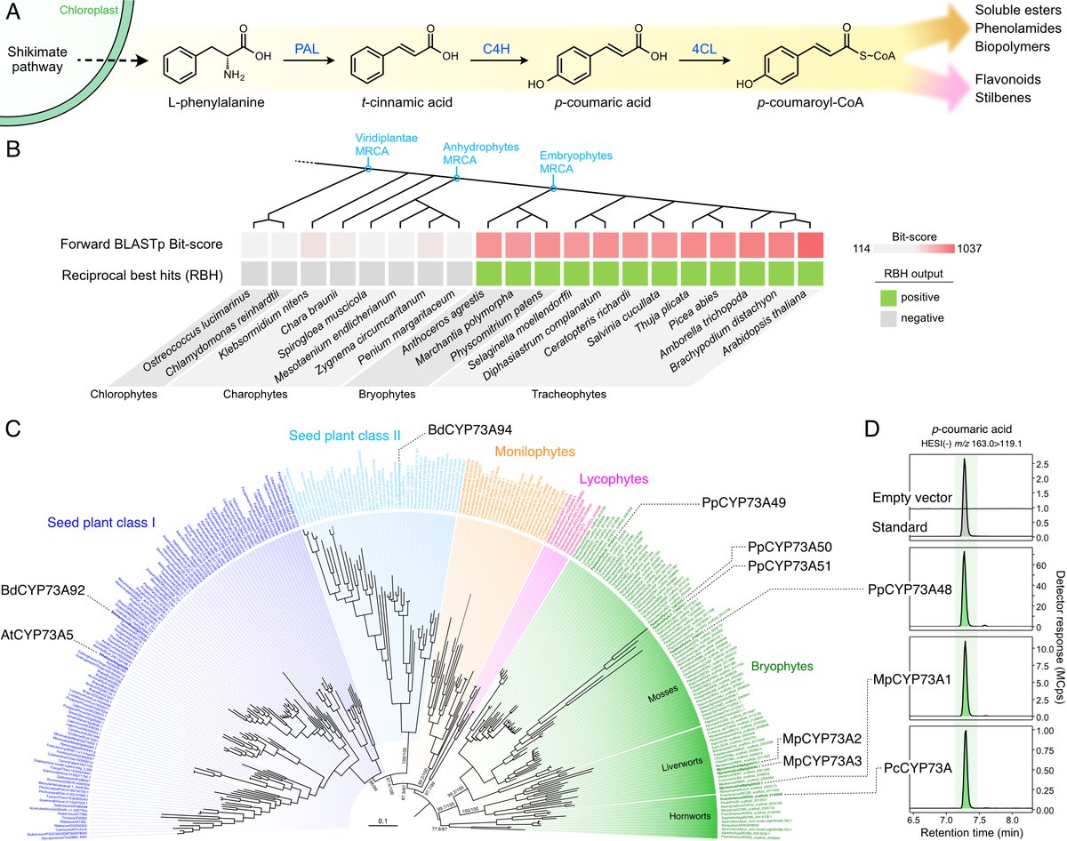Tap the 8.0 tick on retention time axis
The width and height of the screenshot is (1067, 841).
[1011, 814]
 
